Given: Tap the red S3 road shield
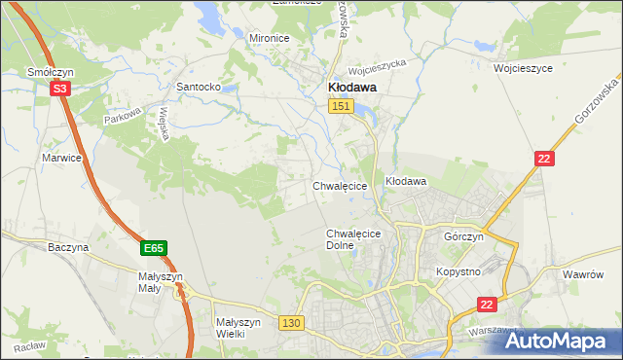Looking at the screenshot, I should click(x=60, y=89).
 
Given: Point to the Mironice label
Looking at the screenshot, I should click(x=270, y=38).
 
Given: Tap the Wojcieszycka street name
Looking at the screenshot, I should click(x=378, y=69).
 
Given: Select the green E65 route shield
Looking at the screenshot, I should click(x=153, y=249).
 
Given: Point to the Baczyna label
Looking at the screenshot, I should click(x=68, y=247).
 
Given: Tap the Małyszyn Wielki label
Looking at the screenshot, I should click(x=238, y=327).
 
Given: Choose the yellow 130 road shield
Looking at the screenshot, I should click(x=290, y=322).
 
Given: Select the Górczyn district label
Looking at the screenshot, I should click(x=463, y=237).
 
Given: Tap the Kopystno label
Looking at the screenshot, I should click(x=458, y=271).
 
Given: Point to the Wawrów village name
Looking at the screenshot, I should click(x=584, y=274).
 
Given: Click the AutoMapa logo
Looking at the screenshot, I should click(x=559, y=342).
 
